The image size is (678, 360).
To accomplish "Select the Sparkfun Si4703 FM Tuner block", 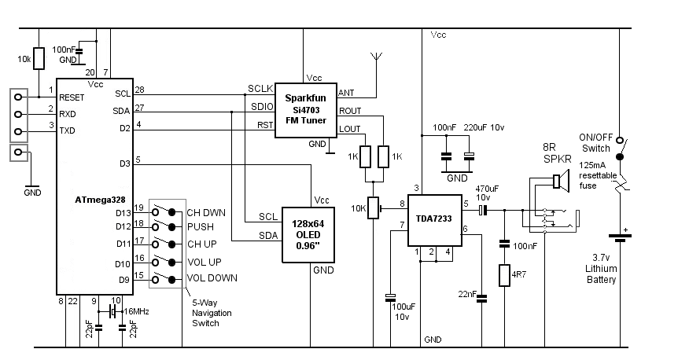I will [305, 109].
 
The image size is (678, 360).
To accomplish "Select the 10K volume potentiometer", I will [374, 208].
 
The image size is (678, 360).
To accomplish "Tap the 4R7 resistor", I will [504, 277].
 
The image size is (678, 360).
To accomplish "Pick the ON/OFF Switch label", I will [595, 142].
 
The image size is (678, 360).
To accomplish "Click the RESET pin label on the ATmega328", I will [72, 97].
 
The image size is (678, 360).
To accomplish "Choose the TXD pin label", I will [68, 131].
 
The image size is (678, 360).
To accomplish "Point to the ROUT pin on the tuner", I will [350, 111].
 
